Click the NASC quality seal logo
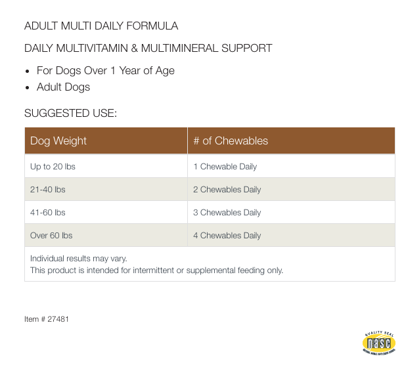(x=379, y=343)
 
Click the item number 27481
(x=58, y=319)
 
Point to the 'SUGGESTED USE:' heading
(x=70, y=114)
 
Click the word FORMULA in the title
(x=152, y=26)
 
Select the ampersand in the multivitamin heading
(x=134, y=48)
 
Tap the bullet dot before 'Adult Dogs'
(x=28, y=88)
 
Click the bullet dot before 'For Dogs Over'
(x=28, y=72)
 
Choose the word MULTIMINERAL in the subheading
(x=179, y=48)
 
